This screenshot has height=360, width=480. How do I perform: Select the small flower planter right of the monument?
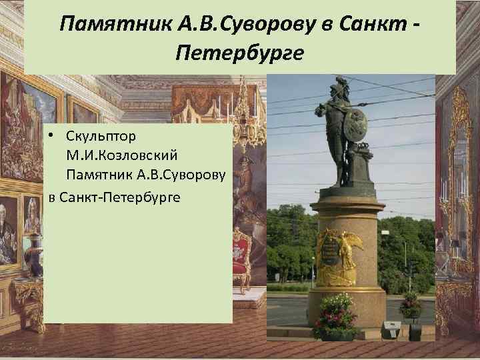[410, 305]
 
